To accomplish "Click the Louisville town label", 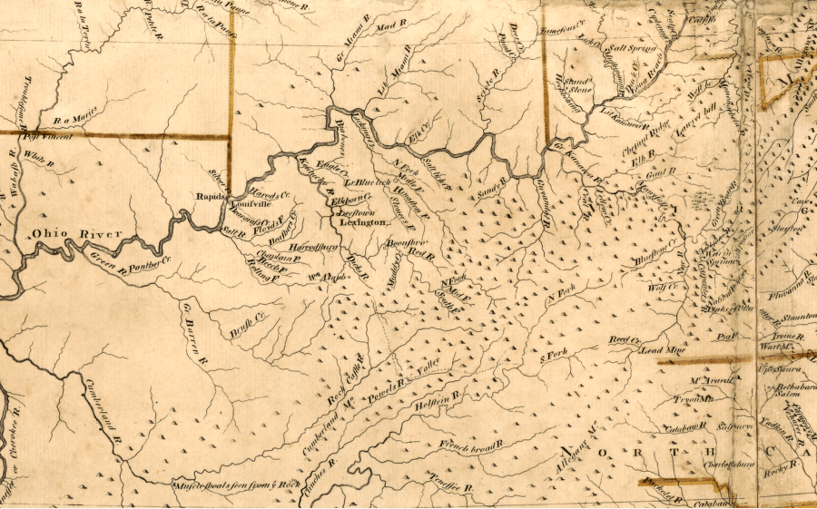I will coord(244,206).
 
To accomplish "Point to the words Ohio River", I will coord(76,235).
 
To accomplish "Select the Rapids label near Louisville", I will coord(210,195).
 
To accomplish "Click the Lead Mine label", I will coord(661,348).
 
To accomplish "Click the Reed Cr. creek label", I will coord(625,338).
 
